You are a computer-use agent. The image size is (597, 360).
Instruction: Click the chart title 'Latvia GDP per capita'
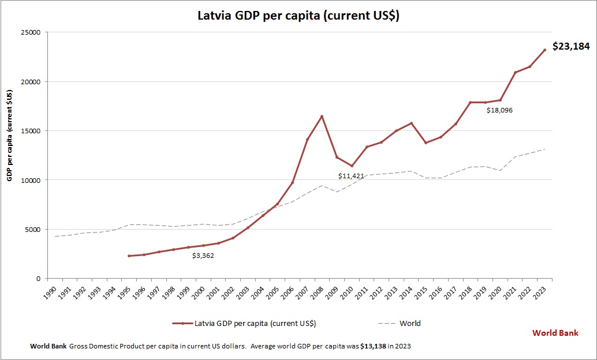298,16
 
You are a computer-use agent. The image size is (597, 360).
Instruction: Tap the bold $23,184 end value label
571,46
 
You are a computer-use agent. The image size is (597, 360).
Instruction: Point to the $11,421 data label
351,176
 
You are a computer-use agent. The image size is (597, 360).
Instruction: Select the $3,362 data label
203,255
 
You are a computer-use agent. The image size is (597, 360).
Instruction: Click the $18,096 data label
499,110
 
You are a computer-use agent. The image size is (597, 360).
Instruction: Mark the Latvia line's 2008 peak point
322,117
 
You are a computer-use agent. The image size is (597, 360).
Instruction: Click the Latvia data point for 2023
544,50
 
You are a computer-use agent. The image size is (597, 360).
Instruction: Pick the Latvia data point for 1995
129,256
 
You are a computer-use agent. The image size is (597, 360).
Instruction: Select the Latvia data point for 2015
426,142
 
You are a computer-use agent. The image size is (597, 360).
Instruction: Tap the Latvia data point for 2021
515,72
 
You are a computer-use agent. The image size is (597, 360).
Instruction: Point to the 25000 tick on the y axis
29,32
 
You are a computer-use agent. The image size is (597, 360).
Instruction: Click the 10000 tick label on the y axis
29,180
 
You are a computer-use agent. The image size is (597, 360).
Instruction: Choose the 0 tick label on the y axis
37,279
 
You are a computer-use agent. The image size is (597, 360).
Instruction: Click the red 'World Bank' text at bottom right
555,333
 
